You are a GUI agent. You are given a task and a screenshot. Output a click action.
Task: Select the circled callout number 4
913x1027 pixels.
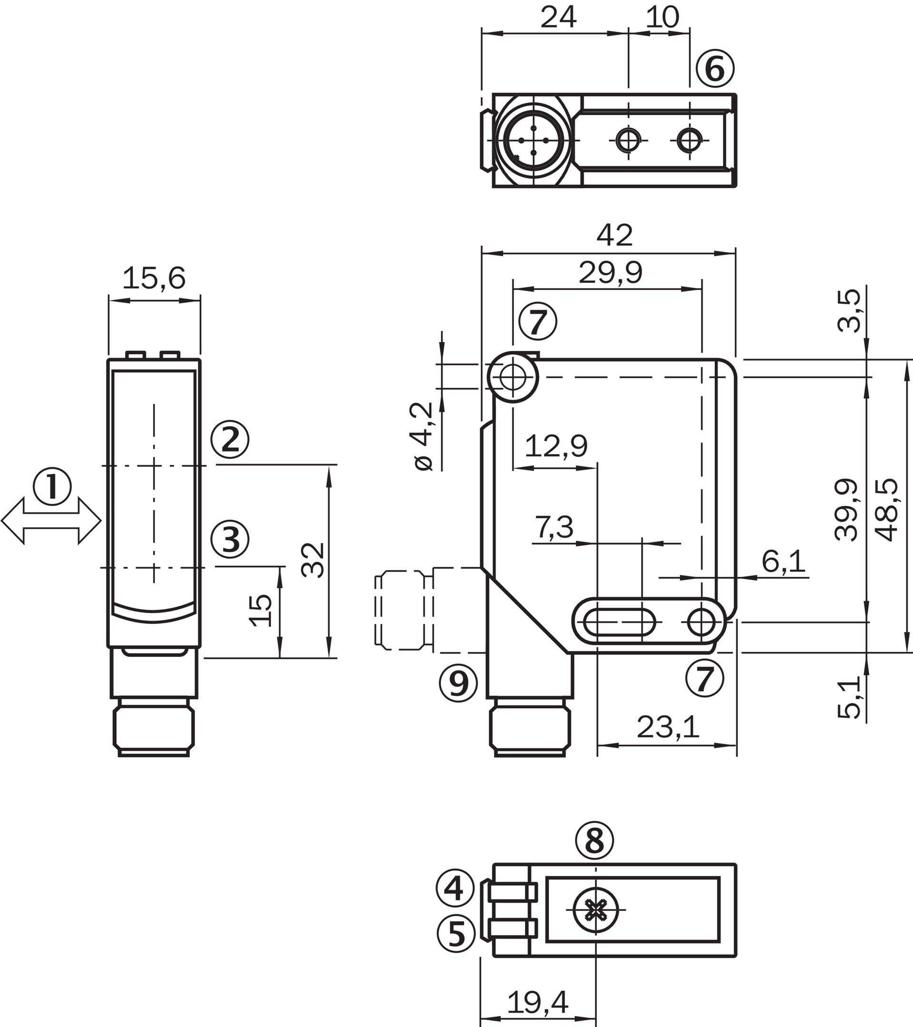pyautogui.click(x=455, y=887)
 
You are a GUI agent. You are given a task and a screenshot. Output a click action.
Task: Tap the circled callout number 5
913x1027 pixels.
pyautogui.click(x=456, y=933)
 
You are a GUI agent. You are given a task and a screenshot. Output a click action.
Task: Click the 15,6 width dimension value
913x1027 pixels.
pyautogui.click(x=154, y=278)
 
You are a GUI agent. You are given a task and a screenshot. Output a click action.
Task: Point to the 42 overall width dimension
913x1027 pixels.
pyautogui.click(x=614, y=235)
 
